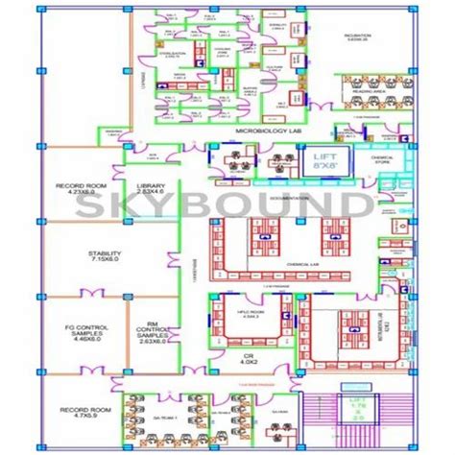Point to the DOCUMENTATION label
(x=291, y=195)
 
